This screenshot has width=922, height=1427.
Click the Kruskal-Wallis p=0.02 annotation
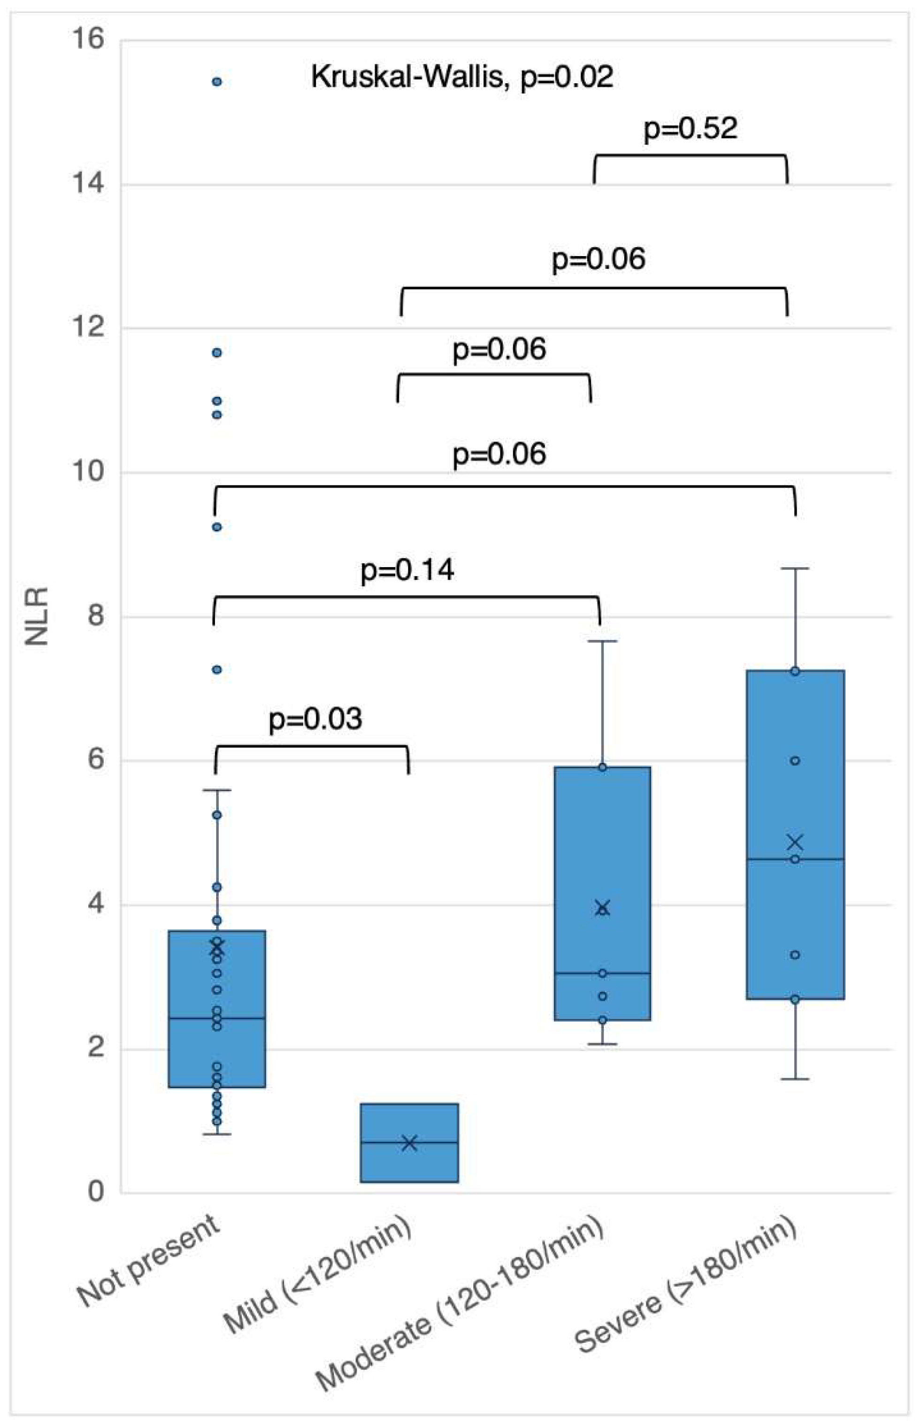461,78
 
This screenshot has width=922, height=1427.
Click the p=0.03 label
315,719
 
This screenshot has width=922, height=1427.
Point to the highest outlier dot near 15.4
217,82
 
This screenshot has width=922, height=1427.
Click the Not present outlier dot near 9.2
217,527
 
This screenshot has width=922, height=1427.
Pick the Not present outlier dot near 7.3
217,670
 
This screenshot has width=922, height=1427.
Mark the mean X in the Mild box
409,1143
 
